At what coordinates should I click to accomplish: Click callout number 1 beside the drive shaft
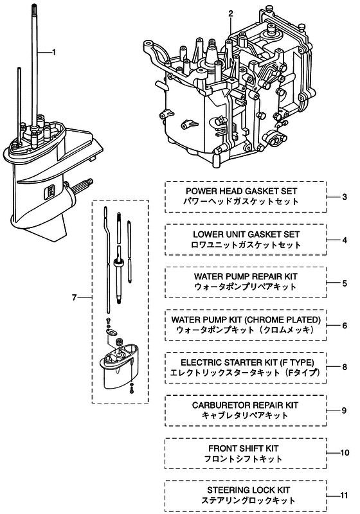54,52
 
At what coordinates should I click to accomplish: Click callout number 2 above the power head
231,13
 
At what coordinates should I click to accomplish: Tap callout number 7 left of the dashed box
74,297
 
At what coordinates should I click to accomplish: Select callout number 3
345,197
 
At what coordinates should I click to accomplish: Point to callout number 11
343,495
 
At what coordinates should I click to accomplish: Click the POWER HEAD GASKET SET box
246,197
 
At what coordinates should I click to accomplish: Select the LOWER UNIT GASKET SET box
246,240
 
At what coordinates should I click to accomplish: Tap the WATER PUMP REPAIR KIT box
246,282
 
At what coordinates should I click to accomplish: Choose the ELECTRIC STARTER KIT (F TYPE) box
246,368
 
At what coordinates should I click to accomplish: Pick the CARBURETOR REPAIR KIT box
246,411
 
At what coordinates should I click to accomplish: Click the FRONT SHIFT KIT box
246,454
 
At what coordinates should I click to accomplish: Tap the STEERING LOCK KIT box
246,495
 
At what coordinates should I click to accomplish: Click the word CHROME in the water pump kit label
265,319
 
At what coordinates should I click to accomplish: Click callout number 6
345,326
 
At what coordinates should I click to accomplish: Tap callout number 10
345,453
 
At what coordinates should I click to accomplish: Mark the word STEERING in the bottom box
226,490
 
